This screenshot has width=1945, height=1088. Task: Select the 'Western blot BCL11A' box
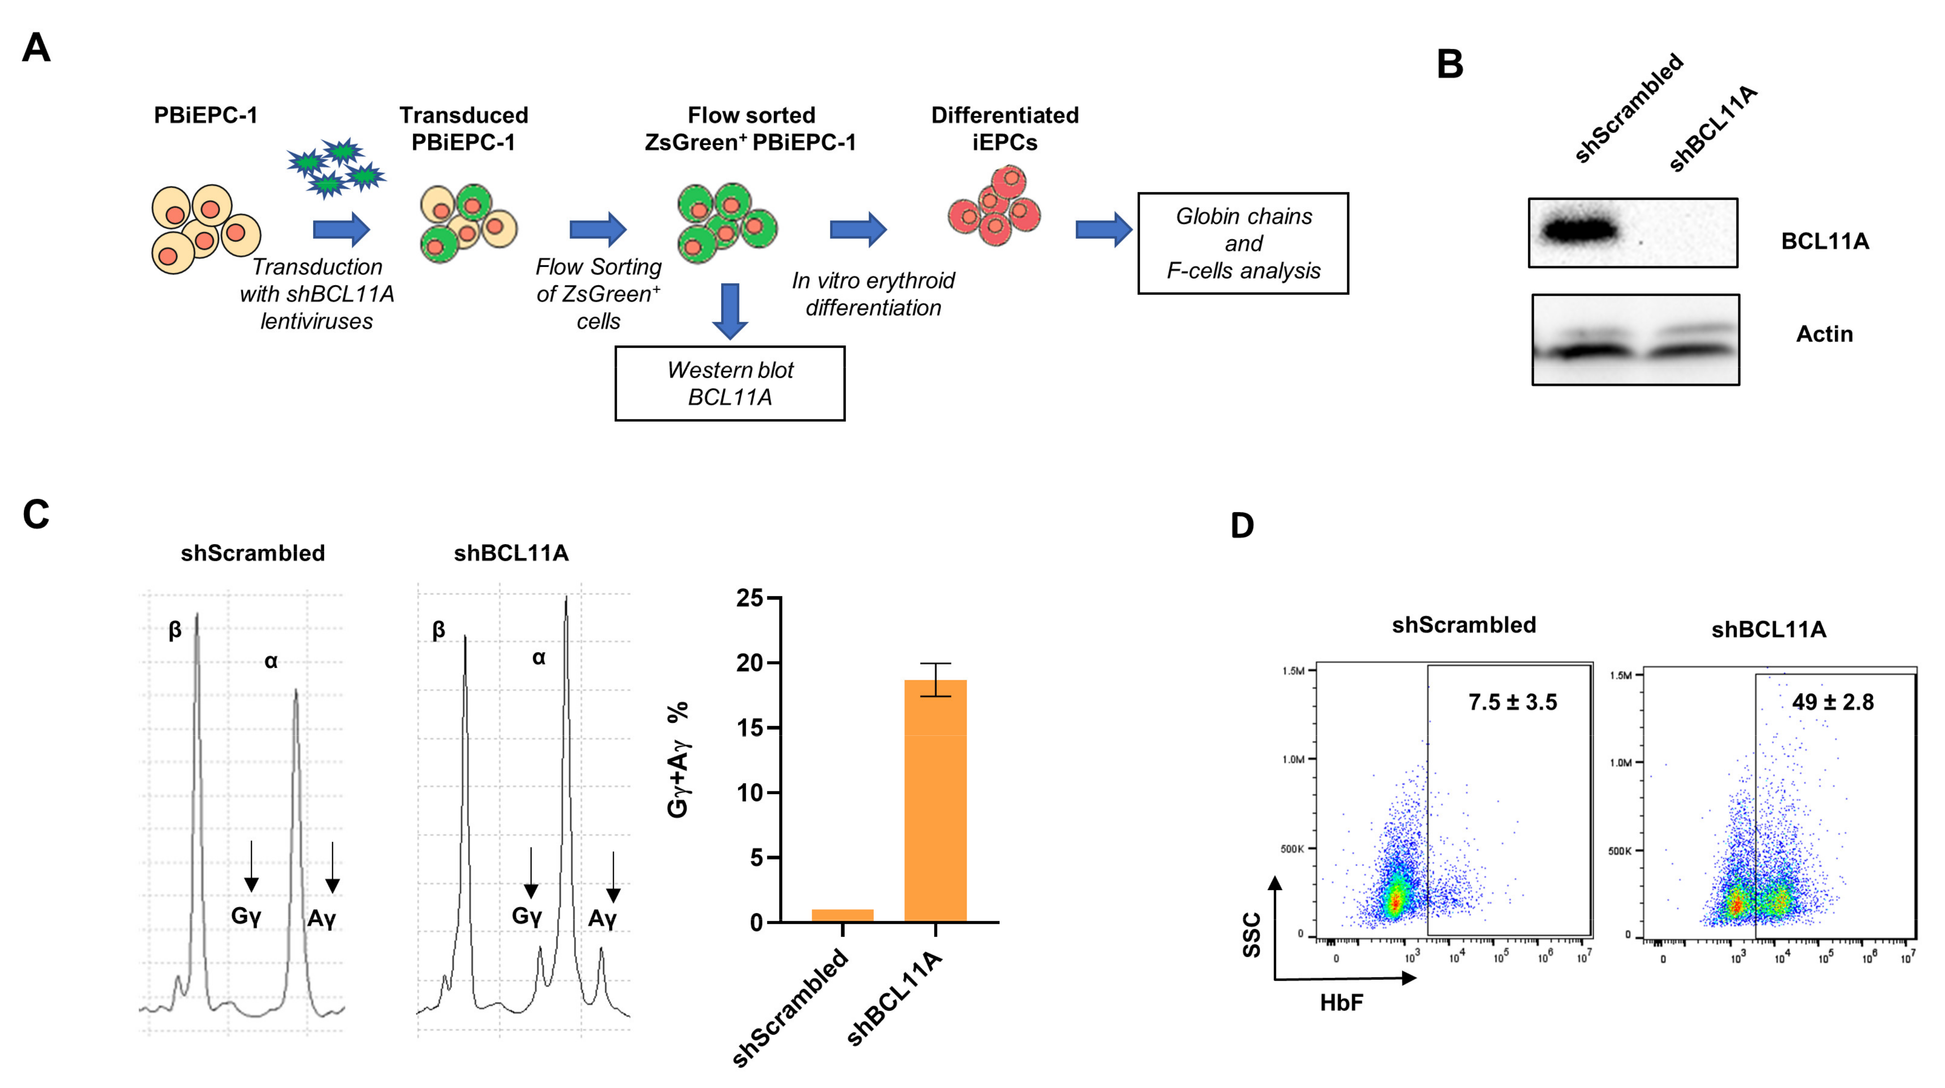(730, 384)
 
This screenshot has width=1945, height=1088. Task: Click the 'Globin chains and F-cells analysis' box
(1243, 243)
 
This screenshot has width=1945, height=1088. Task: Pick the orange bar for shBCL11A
(935, 800)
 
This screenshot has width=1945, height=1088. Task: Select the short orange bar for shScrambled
(842, 915)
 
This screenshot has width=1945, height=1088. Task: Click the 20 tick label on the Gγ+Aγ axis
(750, 663)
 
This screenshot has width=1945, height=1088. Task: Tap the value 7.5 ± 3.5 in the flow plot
(1513, 702)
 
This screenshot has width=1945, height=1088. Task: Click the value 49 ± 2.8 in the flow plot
(1833, 702)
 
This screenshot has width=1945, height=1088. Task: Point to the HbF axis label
(1341, 1003)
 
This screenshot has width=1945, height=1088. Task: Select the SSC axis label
(1251, 935)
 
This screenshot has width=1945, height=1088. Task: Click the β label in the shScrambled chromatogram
(174, 630)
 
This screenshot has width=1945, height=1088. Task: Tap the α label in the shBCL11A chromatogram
(538, 658)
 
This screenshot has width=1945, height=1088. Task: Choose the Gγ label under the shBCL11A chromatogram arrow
(526, 916)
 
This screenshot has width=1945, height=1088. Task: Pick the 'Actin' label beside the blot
(1824, 334)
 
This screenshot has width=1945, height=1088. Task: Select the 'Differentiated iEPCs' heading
(1004, 128)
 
